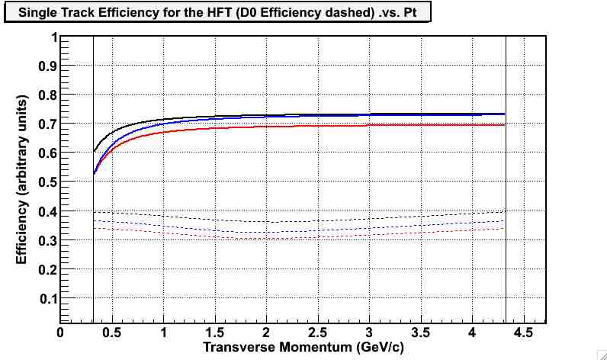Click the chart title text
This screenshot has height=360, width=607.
click(x=217, y=14)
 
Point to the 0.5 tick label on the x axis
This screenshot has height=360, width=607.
click(x=112, y=333)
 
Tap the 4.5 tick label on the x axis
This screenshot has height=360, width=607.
click(x=524, y=333)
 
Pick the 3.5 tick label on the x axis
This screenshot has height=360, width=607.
click(x=421, y=333)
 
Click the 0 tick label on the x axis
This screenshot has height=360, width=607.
click(x=60, y=333)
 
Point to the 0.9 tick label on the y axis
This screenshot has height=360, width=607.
click(x=48, y=66)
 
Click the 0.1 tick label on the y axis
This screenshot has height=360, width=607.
click(x=48, y=298)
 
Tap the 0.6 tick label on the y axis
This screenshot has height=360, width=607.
click(x=48, y=153)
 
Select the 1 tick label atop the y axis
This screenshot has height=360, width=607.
click(x=53, y=37)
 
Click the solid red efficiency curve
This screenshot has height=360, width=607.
click(x=305, y=126)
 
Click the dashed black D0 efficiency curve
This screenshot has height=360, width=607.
click(x=305, y=221)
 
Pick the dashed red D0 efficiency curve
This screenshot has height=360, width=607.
click(x=305, y=238)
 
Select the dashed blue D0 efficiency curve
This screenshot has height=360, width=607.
click(x=305, y=231)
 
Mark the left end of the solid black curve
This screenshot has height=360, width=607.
click(x=94, y=151)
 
